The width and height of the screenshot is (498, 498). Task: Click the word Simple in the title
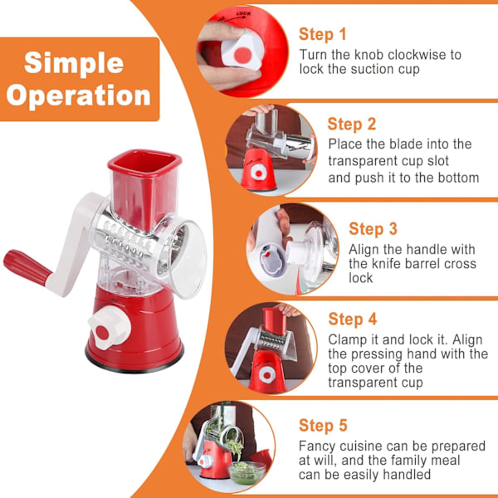[74, 62]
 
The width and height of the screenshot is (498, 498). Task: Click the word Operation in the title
[79, 95]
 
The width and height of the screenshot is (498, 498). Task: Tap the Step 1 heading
[322, 34]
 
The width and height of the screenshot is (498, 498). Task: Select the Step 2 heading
[352, 124]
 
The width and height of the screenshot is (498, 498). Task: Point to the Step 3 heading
[373, 229]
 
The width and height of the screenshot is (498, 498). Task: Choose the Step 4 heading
[353, 319]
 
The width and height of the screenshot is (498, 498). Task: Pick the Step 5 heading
[323, 425]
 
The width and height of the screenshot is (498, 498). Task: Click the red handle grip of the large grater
[27, 267]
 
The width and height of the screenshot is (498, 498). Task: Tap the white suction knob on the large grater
[110, 328]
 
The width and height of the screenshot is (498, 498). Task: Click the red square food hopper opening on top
[144, 163]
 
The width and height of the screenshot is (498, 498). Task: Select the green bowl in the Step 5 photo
[247, 473]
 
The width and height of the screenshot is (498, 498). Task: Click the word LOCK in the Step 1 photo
[243, 13]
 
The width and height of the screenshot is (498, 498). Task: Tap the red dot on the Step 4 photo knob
[267, 376]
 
